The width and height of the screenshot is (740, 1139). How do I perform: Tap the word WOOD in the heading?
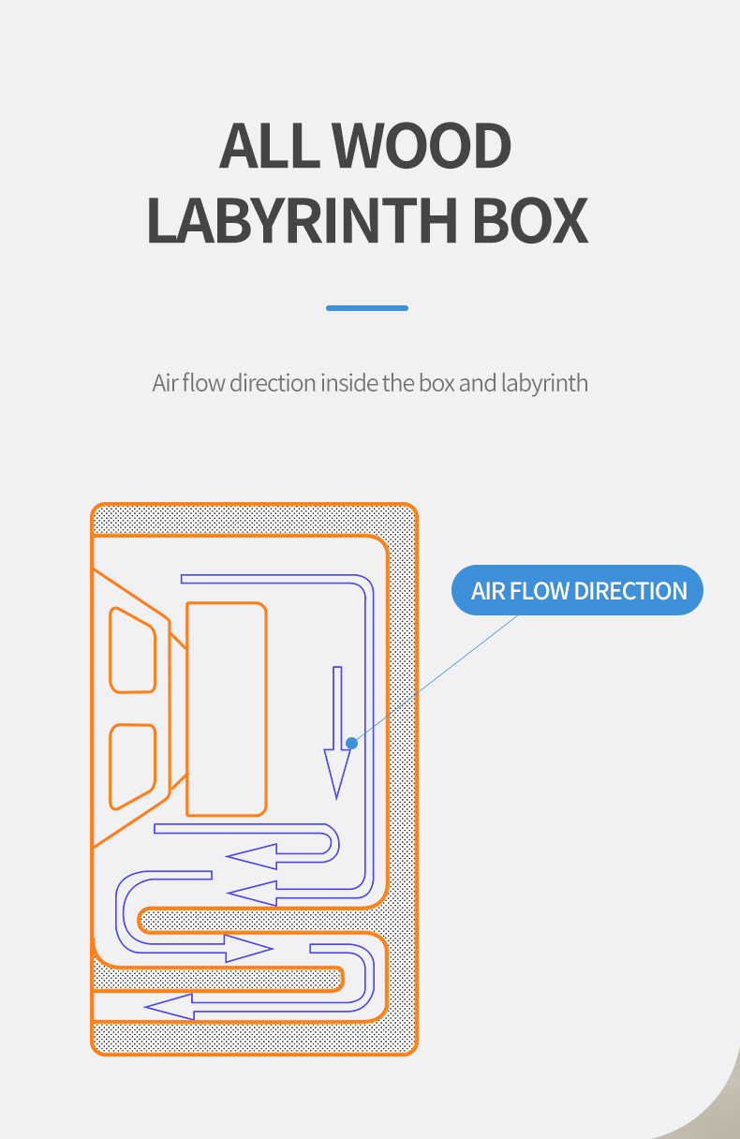422,147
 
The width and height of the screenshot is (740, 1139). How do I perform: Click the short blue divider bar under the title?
367,308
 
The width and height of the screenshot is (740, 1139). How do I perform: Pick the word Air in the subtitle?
165,383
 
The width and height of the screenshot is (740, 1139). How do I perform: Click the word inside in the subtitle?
349,383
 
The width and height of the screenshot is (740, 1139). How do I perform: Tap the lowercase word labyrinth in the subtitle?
544,383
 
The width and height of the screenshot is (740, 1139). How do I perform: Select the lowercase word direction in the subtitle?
273,383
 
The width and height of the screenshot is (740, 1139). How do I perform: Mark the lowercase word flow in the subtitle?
203,383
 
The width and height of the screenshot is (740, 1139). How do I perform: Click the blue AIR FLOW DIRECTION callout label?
577,591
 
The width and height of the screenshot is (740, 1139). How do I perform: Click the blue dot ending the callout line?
351,743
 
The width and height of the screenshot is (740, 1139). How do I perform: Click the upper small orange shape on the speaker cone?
133,650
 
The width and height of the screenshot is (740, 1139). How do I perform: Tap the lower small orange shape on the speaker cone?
133,765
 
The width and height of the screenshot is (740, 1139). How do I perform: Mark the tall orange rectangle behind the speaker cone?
226,709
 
